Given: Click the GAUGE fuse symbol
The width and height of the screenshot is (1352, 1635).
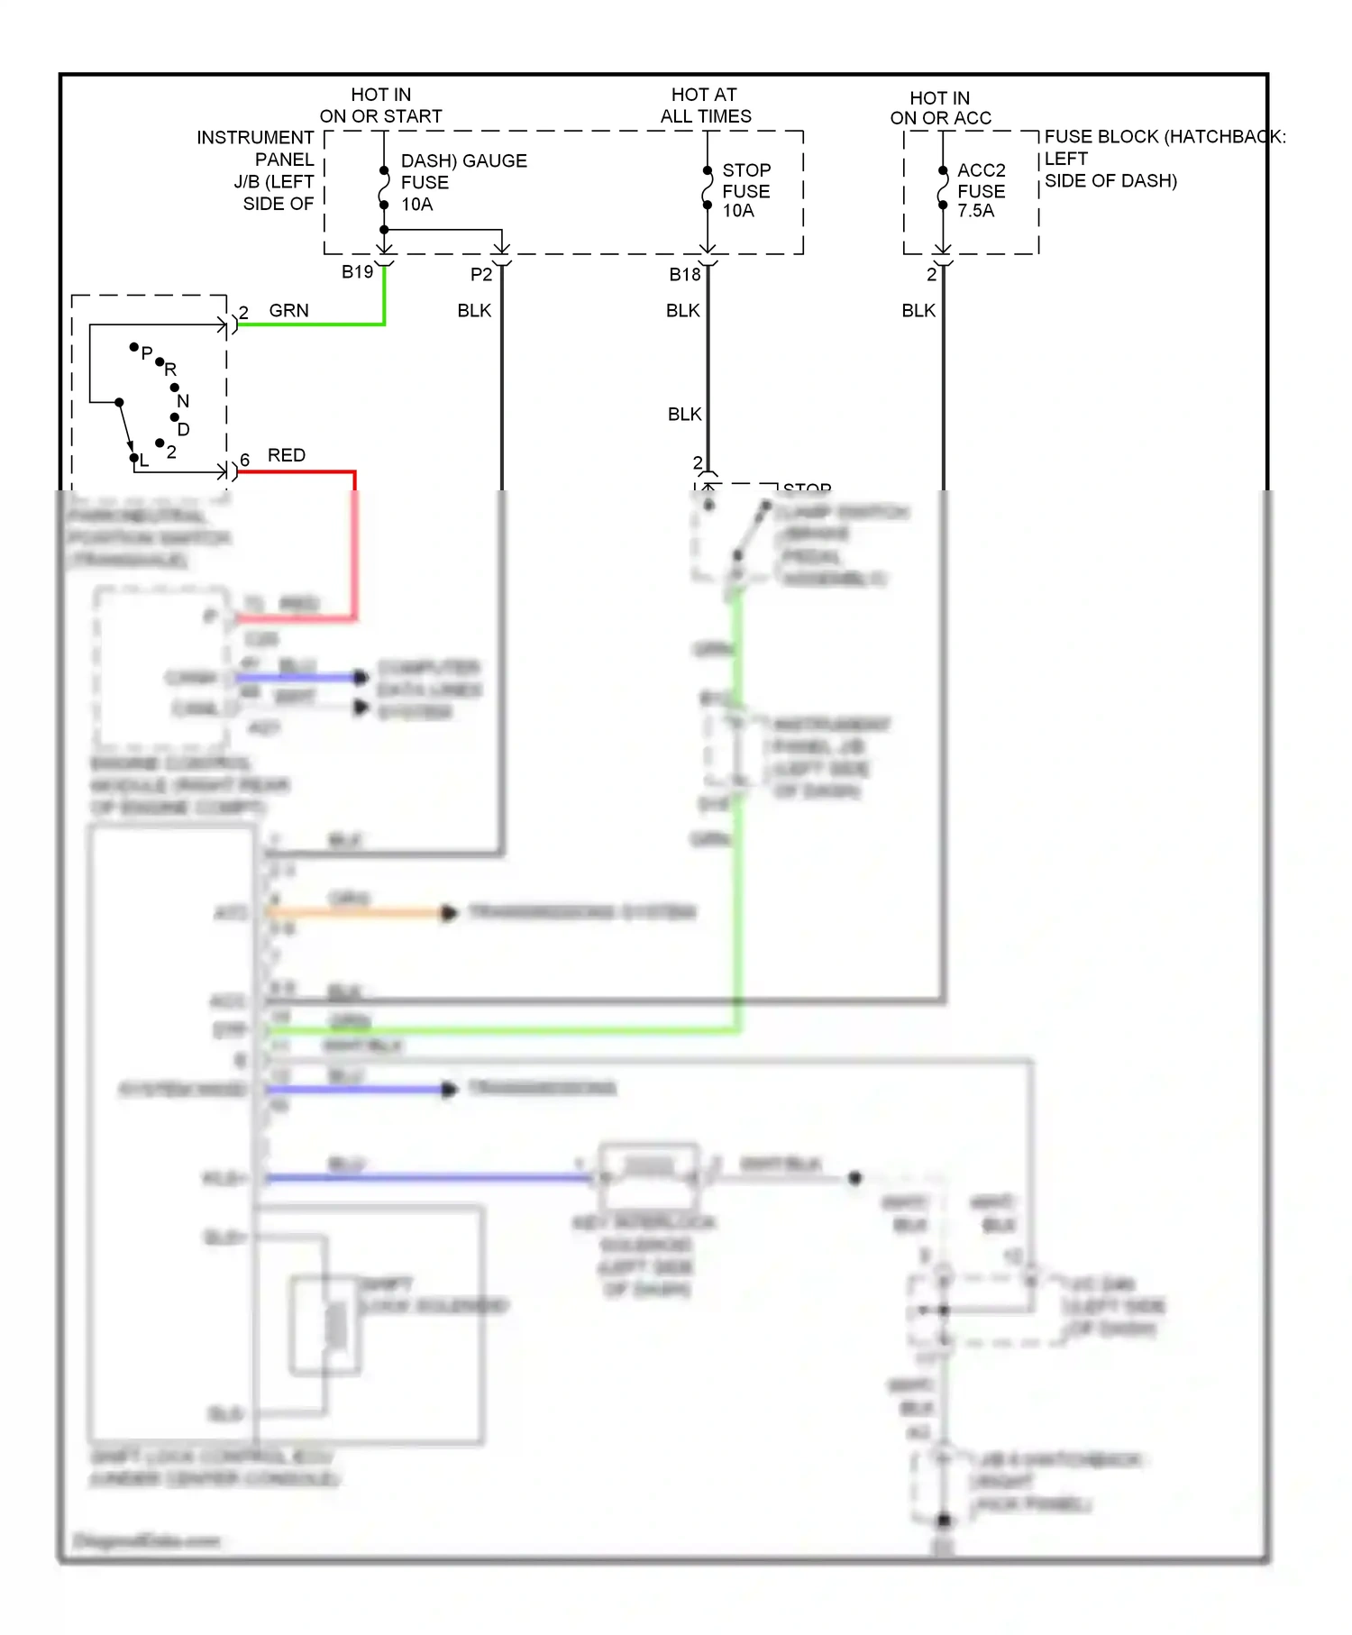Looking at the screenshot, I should (384, 187).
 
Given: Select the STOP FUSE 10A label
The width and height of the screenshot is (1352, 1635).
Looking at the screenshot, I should (745, 190).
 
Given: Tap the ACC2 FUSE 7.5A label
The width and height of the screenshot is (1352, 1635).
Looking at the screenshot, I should (981, 190).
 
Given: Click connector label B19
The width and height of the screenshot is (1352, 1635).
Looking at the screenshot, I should (357, 272).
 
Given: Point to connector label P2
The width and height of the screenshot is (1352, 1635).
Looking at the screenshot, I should (481, 274).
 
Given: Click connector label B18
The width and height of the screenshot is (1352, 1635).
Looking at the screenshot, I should (684, 274).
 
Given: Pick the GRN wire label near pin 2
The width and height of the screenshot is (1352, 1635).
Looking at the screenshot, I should (288, 310).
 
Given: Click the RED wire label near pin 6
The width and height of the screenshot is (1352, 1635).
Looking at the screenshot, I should (286, 455).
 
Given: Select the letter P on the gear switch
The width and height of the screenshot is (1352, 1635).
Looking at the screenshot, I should (147, 352).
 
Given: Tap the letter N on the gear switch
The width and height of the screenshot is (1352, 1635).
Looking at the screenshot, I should (183, 400).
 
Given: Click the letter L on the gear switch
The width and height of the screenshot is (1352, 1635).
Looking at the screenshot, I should (143, 461).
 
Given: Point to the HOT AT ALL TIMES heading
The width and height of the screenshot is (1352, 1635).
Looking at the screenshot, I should (705, 105).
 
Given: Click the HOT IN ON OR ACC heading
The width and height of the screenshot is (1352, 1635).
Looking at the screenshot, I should (940, 108).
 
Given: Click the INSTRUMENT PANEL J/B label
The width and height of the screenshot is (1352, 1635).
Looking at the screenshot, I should (256, 149).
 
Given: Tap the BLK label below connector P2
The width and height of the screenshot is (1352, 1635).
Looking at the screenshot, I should (474, 310).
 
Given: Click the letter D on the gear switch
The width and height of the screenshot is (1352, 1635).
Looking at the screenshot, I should (183, 429).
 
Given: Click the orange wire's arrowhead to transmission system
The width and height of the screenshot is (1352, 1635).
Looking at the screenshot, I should (448, 913).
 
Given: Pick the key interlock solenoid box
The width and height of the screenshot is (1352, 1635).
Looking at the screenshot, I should (649, 1174).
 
